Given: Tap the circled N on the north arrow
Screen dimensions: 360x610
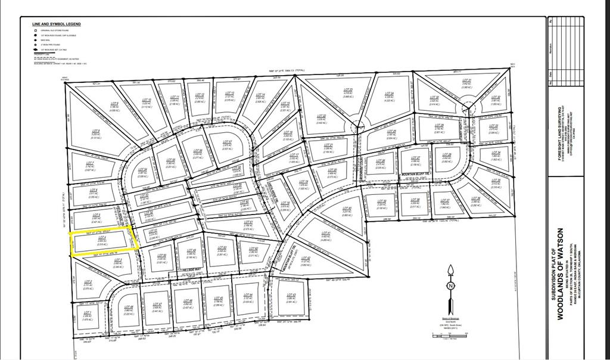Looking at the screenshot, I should coord(451,285).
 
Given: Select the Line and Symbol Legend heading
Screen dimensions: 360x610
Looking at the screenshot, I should coord(57,24).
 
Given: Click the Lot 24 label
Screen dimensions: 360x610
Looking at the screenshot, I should coord(390,95).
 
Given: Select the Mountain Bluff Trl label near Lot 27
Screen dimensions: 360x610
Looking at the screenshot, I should coord(415,175).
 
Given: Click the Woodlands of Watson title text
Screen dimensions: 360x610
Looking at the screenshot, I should coord(560,274).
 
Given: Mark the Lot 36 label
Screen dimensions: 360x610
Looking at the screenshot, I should coord(475,200).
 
